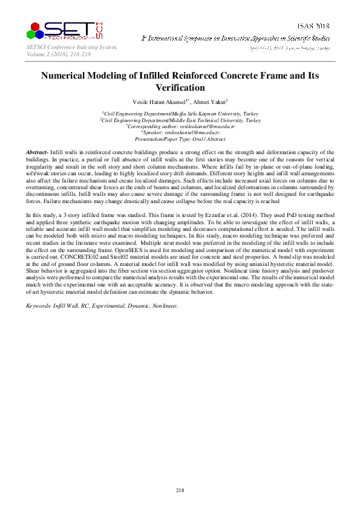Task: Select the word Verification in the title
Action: (x=180, y=88)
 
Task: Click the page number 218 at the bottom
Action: (x=180, y=490)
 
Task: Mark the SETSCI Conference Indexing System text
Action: (x=71, y=47)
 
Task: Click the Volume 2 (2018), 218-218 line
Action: (x=57, y=54)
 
